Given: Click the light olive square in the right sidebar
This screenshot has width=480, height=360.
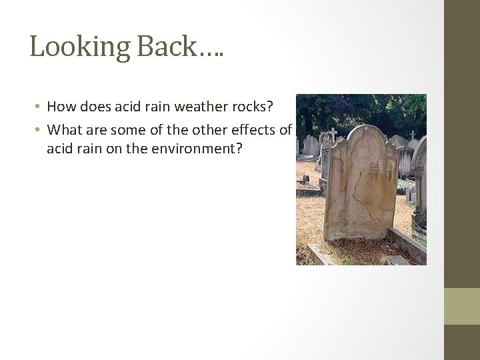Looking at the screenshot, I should [x=462, y=306].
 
